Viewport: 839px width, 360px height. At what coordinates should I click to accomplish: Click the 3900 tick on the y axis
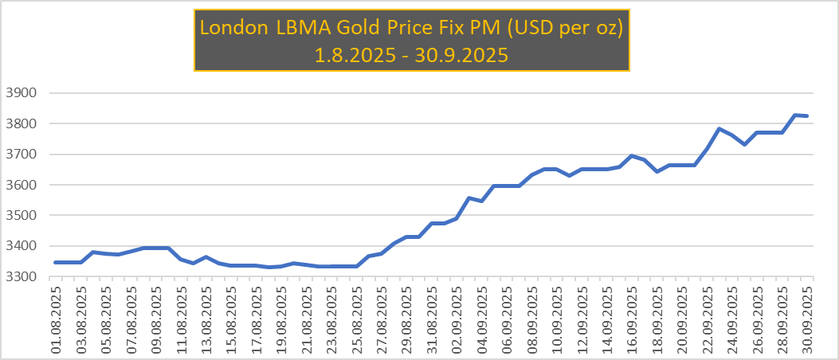coord(22,93)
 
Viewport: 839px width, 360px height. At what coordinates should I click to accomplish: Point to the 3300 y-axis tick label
coord(22,276)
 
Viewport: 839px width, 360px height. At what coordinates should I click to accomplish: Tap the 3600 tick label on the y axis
coord(22,185)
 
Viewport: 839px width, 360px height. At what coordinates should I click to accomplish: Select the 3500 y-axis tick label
coord(22,215)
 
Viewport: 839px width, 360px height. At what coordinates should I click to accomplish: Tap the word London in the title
coord(235,27)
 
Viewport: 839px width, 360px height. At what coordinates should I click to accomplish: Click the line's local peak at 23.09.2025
coord(719,128)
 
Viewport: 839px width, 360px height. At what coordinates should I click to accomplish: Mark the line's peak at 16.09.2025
coord(632,155)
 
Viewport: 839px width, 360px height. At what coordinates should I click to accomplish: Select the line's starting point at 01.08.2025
coord(56,262)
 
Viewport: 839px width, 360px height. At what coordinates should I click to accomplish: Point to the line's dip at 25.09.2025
coord(745,144)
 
